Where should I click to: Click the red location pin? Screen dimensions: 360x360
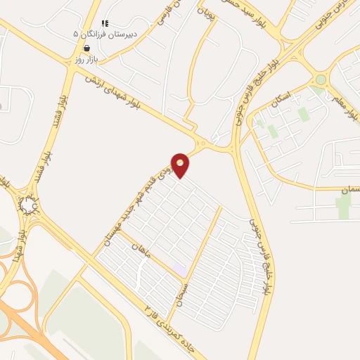181,165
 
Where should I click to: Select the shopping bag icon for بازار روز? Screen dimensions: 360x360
86,48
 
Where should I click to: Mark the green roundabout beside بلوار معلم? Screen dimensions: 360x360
321,80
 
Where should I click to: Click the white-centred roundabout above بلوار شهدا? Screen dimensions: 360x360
29,205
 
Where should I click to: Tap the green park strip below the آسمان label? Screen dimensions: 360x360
342,207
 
